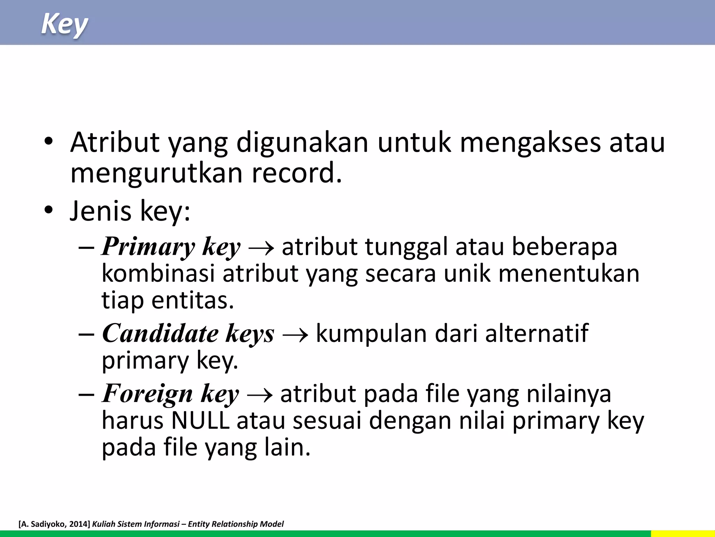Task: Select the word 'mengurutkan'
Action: pos(156,173)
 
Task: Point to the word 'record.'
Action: pos(297,173)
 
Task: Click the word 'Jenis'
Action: pos(101,211)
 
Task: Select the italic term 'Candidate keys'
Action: pos(188,334)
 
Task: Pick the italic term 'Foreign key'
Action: pos(170,394)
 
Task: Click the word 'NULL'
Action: pos(200,420)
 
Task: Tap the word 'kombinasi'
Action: pos(158,273)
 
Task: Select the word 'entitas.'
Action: pos(192,300)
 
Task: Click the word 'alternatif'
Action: pos(537,334)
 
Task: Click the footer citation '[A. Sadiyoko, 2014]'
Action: pos(54,524)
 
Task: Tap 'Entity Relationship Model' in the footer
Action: pos(236,524)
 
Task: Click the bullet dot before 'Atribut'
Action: pos(49,142)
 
